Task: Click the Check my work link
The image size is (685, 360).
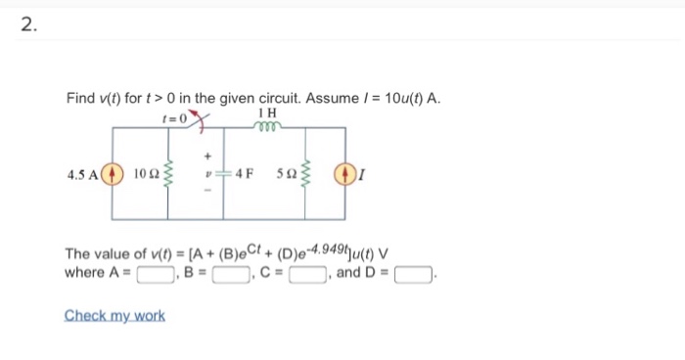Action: pos(114,315)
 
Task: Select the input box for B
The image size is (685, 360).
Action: pos(226,273)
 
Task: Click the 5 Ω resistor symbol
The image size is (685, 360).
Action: pos(306,177)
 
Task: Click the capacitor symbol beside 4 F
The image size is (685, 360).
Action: pos(224,177)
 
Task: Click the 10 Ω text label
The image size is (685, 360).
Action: pos(143,177)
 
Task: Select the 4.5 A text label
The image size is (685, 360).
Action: pos(81,177)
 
